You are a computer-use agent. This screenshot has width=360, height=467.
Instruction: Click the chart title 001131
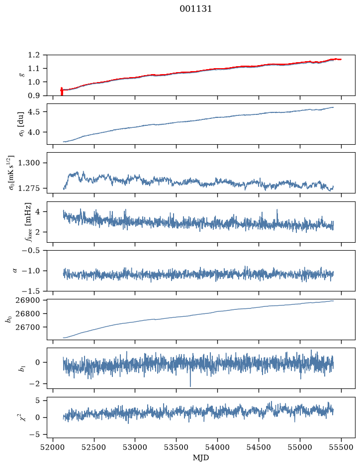195,9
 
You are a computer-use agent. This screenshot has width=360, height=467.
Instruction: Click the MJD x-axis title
201,458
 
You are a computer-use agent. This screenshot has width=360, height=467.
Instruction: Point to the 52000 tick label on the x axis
53,447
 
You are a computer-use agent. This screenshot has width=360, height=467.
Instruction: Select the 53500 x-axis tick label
177,447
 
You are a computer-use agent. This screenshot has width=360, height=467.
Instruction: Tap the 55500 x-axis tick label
341,447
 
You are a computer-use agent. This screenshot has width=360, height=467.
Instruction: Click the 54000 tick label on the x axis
218,447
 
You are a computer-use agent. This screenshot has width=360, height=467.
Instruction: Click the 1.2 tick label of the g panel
34,55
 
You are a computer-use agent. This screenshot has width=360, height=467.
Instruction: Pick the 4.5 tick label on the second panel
34,112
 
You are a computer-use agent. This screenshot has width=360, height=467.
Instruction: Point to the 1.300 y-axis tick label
29,163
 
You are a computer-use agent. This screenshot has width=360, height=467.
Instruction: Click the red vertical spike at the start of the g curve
62,91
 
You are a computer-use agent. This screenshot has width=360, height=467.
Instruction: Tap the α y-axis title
15,271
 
